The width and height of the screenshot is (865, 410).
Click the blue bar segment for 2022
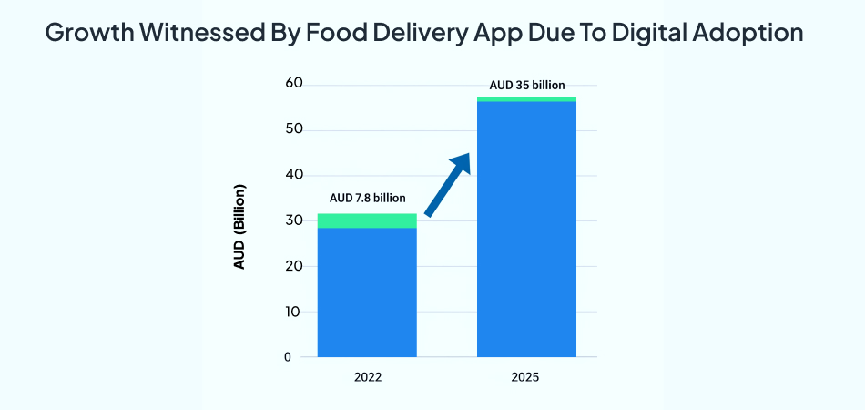[x=367, y=292]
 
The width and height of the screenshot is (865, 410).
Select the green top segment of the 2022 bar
[x=367, y=220]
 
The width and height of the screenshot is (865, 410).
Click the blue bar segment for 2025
[x=526, y=228]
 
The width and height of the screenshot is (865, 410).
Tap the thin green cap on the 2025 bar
[x=526, y=98]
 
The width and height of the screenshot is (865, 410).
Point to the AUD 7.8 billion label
[x=367, y=198]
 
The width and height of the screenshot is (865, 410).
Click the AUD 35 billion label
[x=526, y=85]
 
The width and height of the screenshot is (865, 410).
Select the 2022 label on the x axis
[x=367, y=376]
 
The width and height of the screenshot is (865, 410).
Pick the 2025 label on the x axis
[x=526, y=376]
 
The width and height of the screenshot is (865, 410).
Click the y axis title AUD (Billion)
[x=240, y=228]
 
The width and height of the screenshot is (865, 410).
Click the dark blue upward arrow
[x=448, y=184]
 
